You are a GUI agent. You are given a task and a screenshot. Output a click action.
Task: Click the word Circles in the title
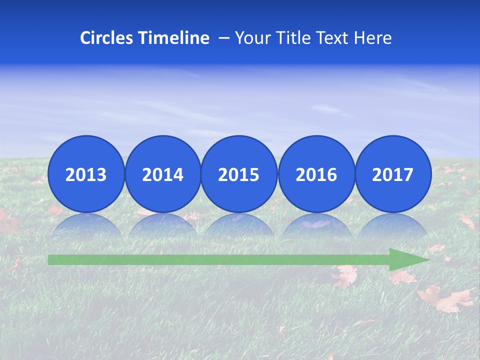click(106, 38)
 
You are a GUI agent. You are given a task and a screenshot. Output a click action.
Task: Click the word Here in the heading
click(373, 38)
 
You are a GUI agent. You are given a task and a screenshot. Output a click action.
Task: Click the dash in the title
click(224, 38)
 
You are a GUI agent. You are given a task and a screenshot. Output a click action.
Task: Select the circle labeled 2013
click(86, 174)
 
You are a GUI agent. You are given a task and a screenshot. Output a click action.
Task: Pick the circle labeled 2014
click(162, 174)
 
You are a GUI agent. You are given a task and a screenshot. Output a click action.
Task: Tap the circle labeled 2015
click(239, 174)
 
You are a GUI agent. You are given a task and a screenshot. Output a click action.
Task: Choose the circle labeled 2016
click(316, 174)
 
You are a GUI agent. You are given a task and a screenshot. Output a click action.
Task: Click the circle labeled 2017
click(393, 174)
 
